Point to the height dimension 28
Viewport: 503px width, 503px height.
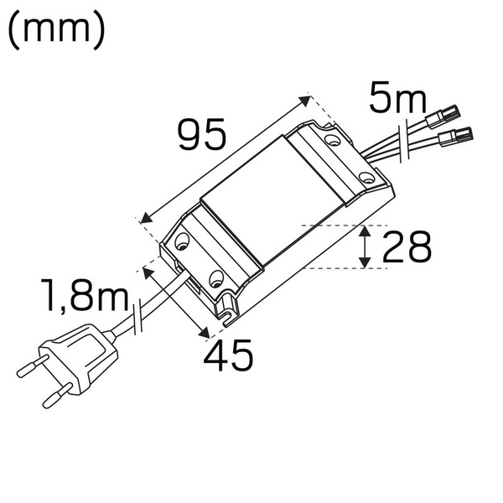[407, 247]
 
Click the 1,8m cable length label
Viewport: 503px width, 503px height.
[86, 296]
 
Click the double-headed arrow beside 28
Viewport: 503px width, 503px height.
[366, 247]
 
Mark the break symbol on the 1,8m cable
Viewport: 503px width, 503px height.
[139, 319]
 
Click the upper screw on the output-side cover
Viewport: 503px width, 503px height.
[334, 142]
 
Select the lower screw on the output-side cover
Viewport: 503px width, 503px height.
[366, 177]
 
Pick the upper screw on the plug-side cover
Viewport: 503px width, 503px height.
[182, 246]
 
